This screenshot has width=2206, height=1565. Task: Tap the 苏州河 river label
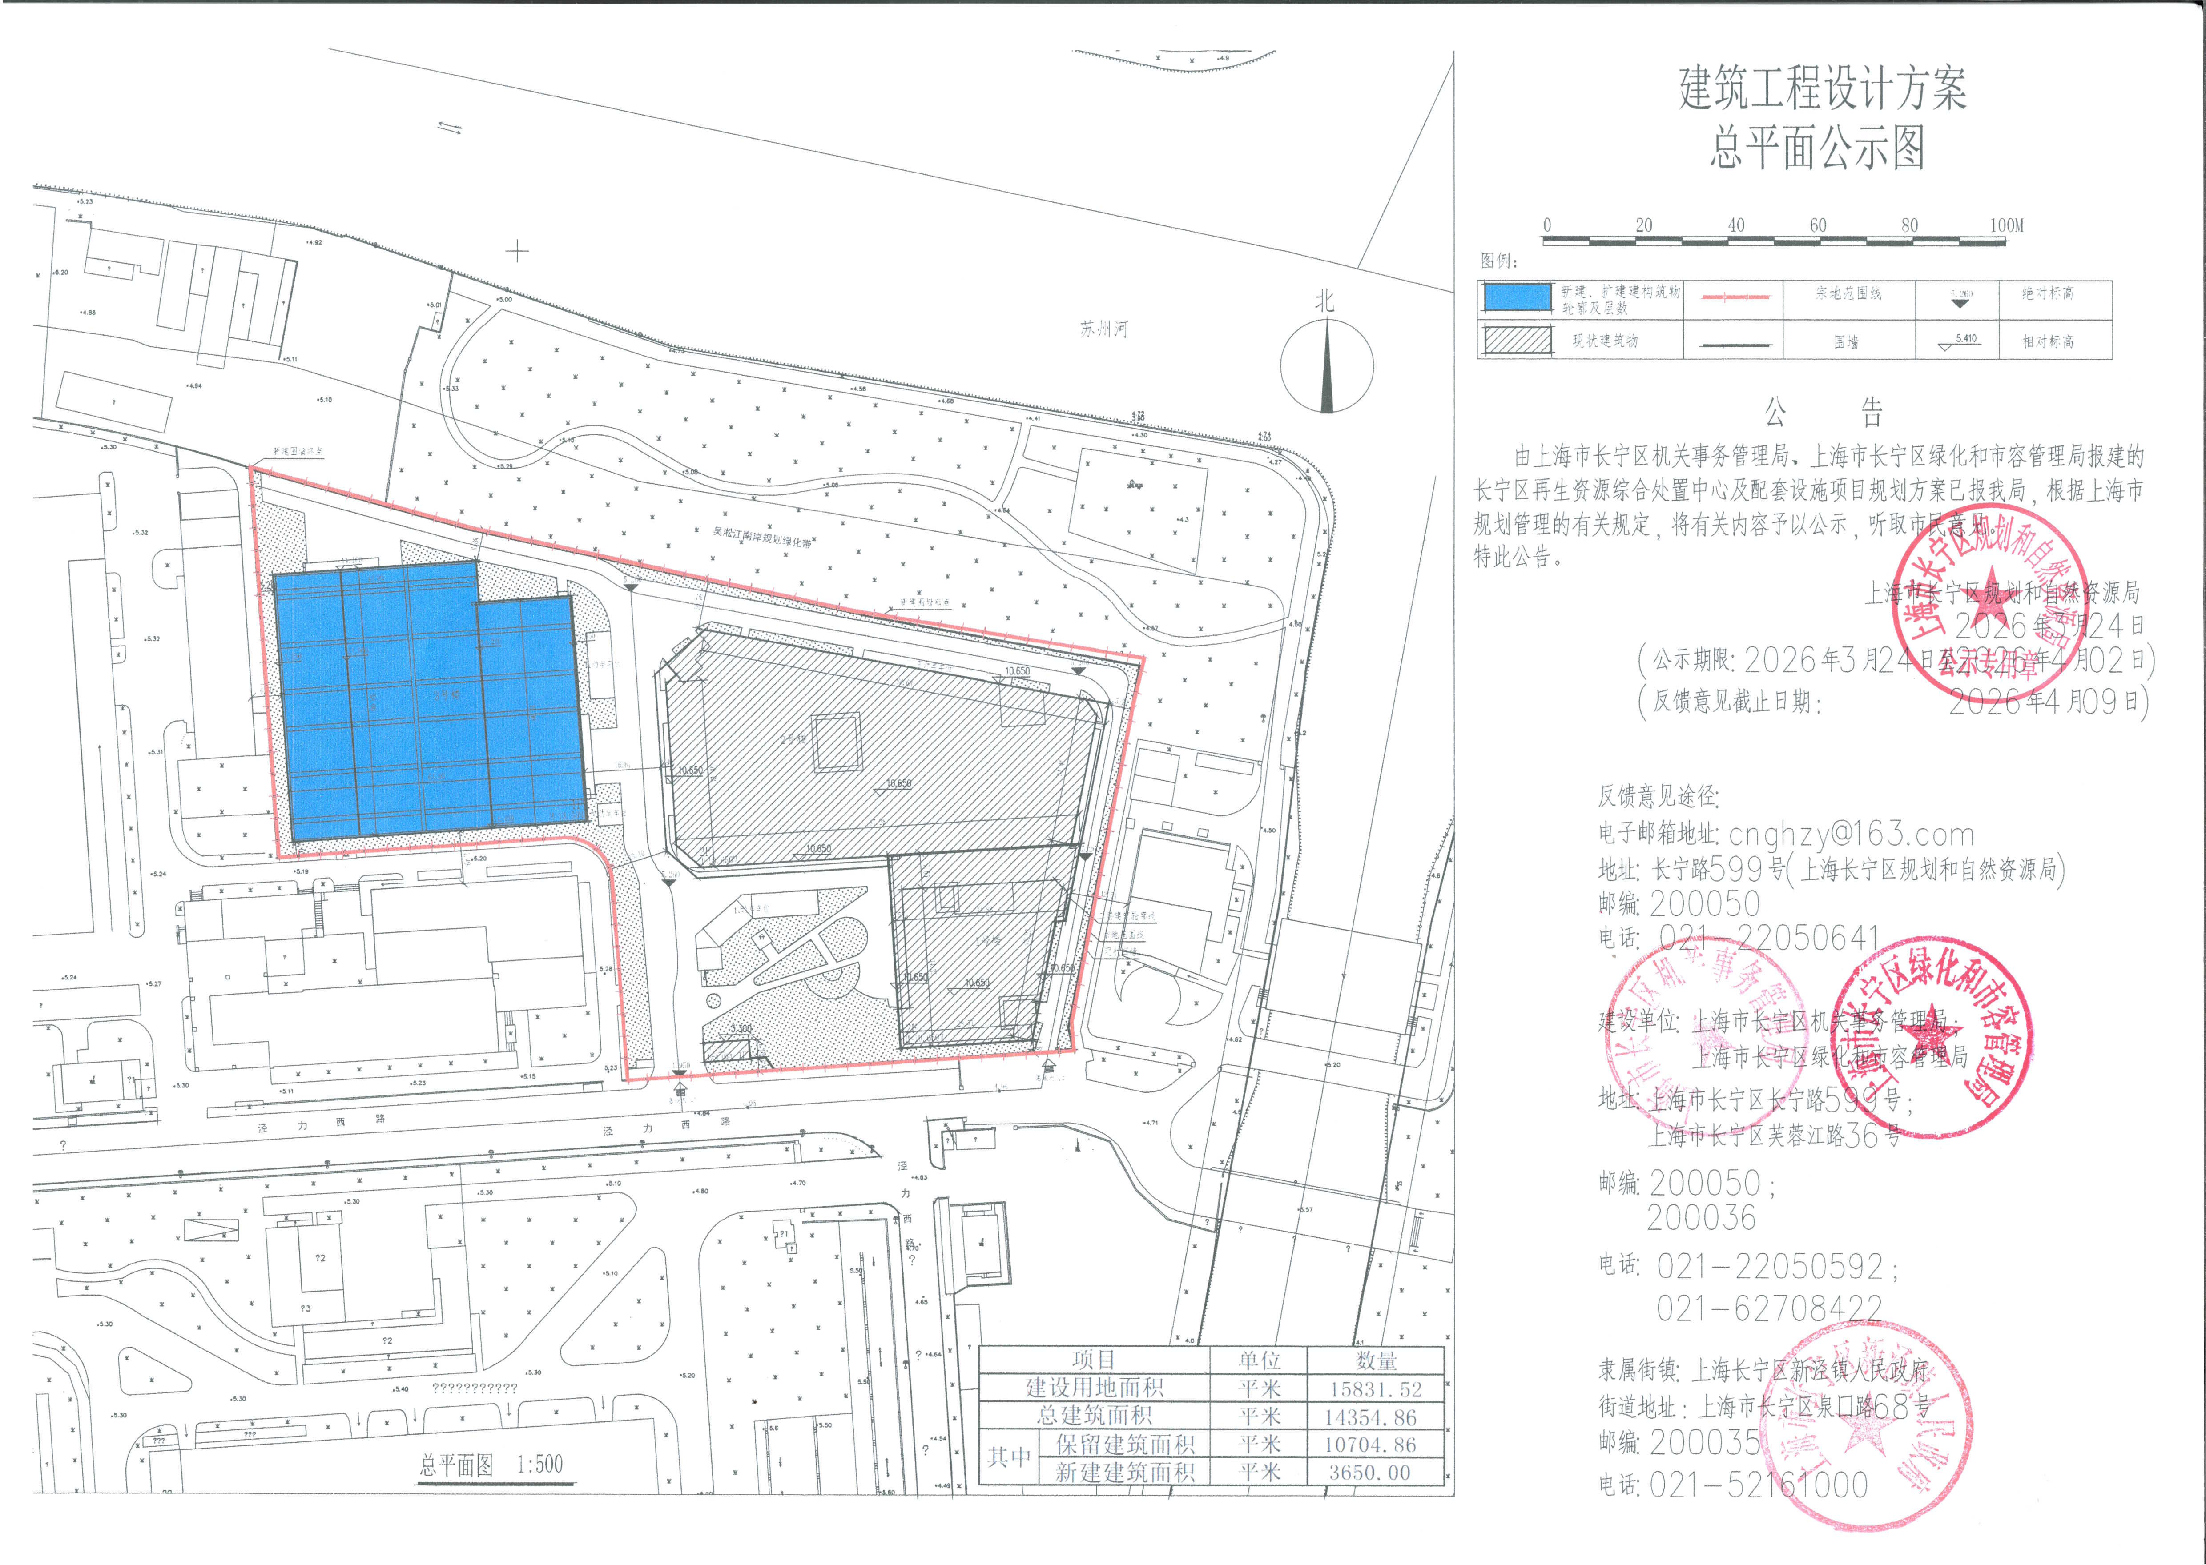(x=1103, y=329)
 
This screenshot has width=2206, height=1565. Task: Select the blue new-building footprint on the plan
(x=429, y=703)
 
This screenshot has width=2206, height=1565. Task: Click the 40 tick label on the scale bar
(x=1736, y=225)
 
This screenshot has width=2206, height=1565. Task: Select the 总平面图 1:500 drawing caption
(x=491, y=1465)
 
